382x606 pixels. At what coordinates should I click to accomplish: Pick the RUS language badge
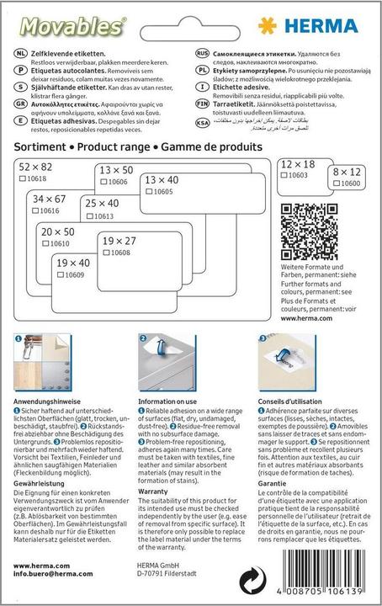pyautogui.click(x=202, y=51)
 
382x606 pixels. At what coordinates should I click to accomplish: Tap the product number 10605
pyautogui.click(x=164, y=192)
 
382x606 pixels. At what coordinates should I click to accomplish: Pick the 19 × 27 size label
pyautogui.click(x=119, y=241)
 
